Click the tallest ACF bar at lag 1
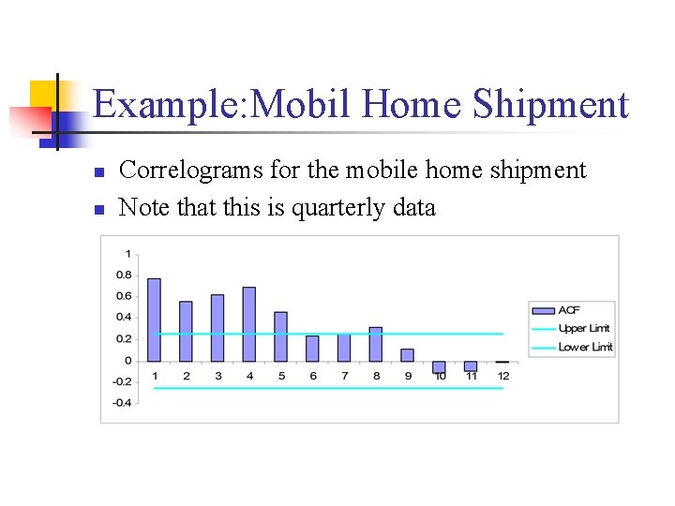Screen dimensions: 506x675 (155, 320)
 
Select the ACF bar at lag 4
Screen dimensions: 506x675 (249, 324)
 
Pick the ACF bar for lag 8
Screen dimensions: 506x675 (376, 344)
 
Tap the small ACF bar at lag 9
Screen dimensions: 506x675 (407, 355)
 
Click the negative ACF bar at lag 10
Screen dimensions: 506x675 (439, 366)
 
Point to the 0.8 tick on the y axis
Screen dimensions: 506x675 (124, 275)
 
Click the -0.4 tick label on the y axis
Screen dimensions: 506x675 (122, 403)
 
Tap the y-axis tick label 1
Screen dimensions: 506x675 (127, 254)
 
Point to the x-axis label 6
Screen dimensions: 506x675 (312, 376)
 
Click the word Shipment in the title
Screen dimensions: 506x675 (550, 104)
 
